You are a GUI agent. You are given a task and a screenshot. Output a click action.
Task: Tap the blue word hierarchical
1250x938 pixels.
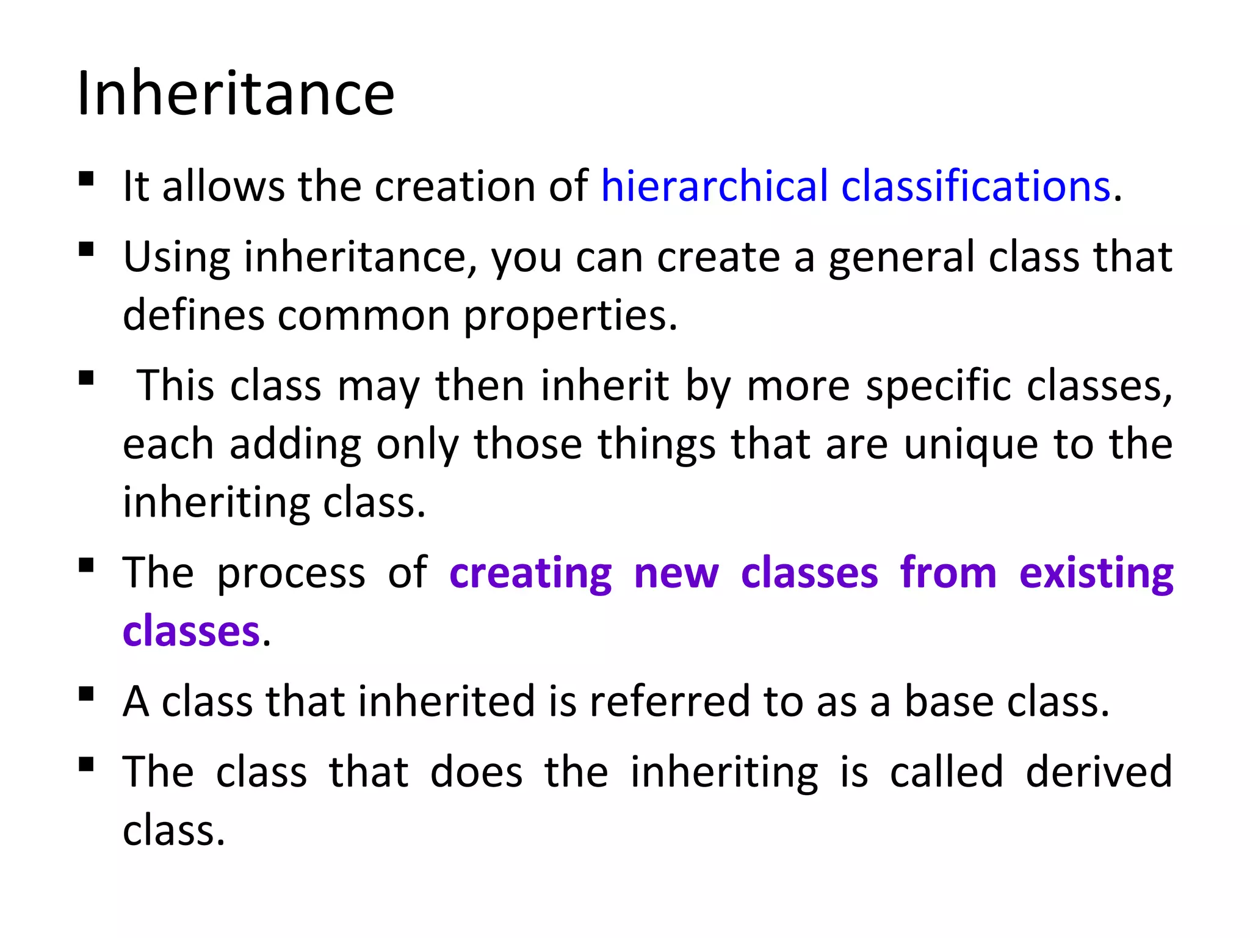tap(715, 186)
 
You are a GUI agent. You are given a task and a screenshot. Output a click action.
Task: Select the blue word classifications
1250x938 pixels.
tap(975, 186)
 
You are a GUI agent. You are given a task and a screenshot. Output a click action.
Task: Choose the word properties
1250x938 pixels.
tap(569, 316)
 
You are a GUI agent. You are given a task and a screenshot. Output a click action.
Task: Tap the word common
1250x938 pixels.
tap(364, 316)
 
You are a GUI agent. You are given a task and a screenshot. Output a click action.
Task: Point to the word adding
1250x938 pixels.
tap(295, 444)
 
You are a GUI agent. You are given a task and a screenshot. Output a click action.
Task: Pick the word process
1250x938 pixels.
tap(291, 573)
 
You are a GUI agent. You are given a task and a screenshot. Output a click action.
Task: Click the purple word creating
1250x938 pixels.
tap(530, 573)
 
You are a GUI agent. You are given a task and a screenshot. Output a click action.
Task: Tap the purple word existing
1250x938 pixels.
tap(1096, 573)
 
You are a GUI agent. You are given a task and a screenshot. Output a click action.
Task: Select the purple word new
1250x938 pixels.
tap(676, 573)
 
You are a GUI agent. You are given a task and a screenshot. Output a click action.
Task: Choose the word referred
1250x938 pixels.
tap(669, 701)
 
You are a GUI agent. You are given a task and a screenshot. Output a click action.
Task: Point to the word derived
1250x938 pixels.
tap(1099, 772)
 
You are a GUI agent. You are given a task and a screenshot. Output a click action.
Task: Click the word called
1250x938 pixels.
tap(946, 772)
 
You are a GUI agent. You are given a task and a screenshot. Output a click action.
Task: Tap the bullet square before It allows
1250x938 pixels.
tap(86, 178)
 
